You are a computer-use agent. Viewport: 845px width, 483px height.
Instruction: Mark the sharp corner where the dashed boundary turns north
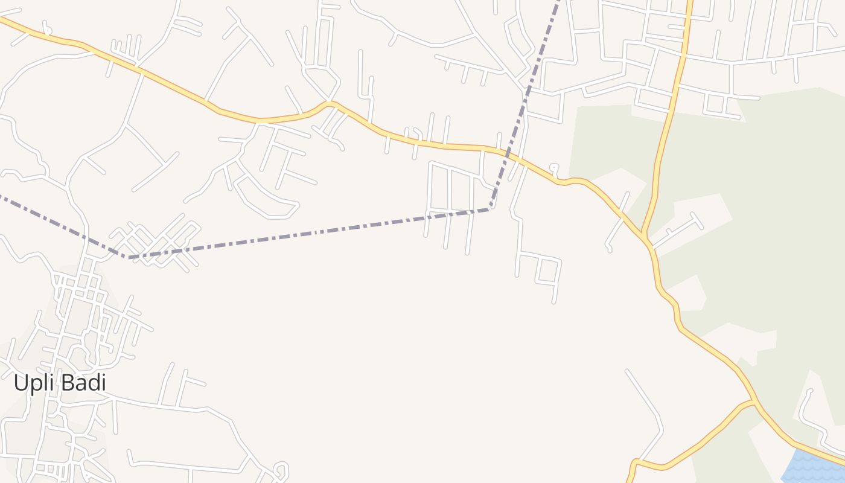click(x=490, y=209)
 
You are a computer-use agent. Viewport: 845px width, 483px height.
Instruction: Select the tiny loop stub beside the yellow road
click(x=553, y=168)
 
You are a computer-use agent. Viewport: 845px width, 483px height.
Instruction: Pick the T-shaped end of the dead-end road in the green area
click(x=694, y=217)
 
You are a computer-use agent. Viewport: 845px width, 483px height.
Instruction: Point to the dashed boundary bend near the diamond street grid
click(x=128, y=257)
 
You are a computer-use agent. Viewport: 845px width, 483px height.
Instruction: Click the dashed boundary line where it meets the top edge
click(x=558, y=2)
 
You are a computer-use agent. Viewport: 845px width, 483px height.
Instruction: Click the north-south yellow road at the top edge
click(x=689, y=2)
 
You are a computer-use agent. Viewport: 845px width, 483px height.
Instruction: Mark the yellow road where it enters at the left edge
click(x=2, y=19)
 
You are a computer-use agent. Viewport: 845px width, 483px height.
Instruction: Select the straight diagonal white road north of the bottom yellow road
click(x=643, y=392)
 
